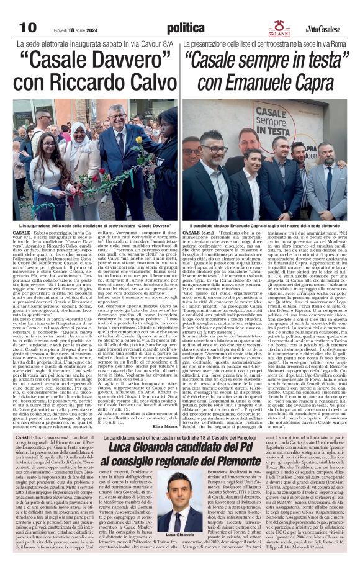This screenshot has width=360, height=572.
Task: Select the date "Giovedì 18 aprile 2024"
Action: pyautogui.click(x=66, y=29)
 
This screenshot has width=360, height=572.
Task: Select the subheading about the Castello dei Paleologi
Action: pyautogui.click(x=180, y=438)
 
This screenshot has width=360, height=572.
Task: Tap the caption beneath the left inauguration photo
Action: pyautogui.click(x=91, y=224)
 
